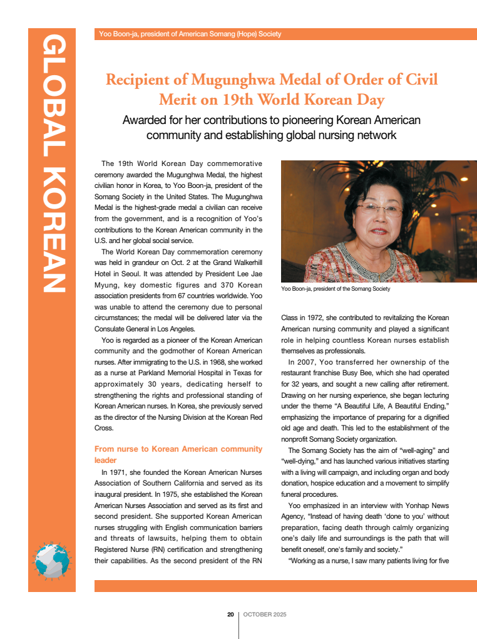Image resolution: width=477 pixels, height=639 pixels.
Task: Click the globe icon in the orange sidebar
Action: (52, 559)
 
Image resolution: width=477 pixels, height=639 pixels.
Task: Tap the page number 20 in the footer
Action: (230, 615)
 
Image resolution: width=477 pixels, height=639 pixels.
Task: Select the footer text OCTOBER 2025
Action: (265, 615)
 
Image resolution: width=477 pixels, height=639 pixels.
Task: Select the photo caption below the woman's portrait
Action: (336, 289)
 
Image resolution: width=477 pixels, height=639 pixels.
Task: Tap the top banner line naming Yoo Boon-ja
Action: (190, 34)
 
